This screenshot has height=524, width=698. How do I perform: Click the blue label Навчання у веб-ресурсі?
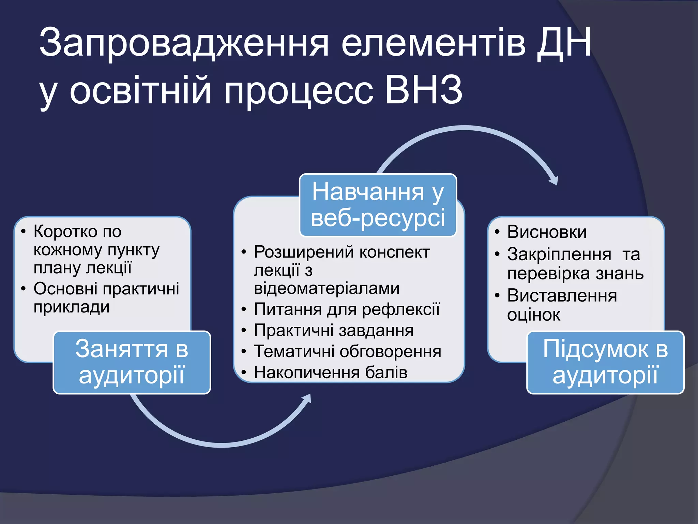click(x=378, y=205)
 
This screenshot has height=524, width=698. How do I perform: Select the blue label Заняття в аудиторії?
click(x=132, y=362)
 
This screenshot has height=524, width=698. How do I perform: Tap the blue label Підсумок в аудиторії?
click(x=605, y=362)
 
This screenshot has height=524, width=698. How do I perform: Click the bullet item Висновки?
click(x=547, y=232)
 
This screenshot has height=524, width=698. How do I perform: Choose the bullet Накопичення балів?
click(x=330, y=372)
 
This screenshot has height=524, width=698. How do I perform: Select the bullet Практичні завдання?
click(x=334, y=330)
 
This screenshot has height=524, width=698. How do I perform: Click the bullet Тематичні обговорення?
click(x=347, y=351)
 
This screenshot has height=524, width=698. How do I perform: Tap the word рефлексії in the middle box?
click(x=401, y=309)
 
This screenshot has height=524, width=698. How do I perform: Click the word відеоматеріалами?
click(x=327, y=288)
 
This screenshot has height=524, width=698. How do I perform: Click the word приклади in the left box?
click(x=72, y=307)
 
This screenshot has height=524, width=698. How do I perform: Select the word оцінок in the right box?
click(x=533, y=315)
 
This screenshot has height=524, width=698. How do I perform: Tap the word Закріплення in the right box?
click(x=559, y=254)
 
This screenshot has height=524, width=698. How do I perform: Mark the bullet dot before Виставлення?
click(x=497, y=295)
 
